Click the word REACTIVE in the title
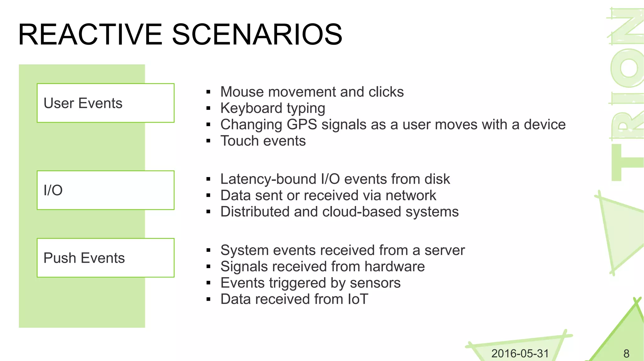coord(90,35)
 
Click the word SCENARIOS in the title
coord(257,35)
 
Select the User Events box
coord(105,103)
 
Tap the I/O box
coord(105,190)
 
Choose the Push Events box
coord(105,258)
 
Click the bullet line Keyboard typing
coord(272,108)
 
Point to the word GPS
coord(302,125)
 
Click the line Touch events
coord(263,141)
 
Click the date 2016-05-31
coord(520,353)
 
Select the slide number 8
coord(626,354)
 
